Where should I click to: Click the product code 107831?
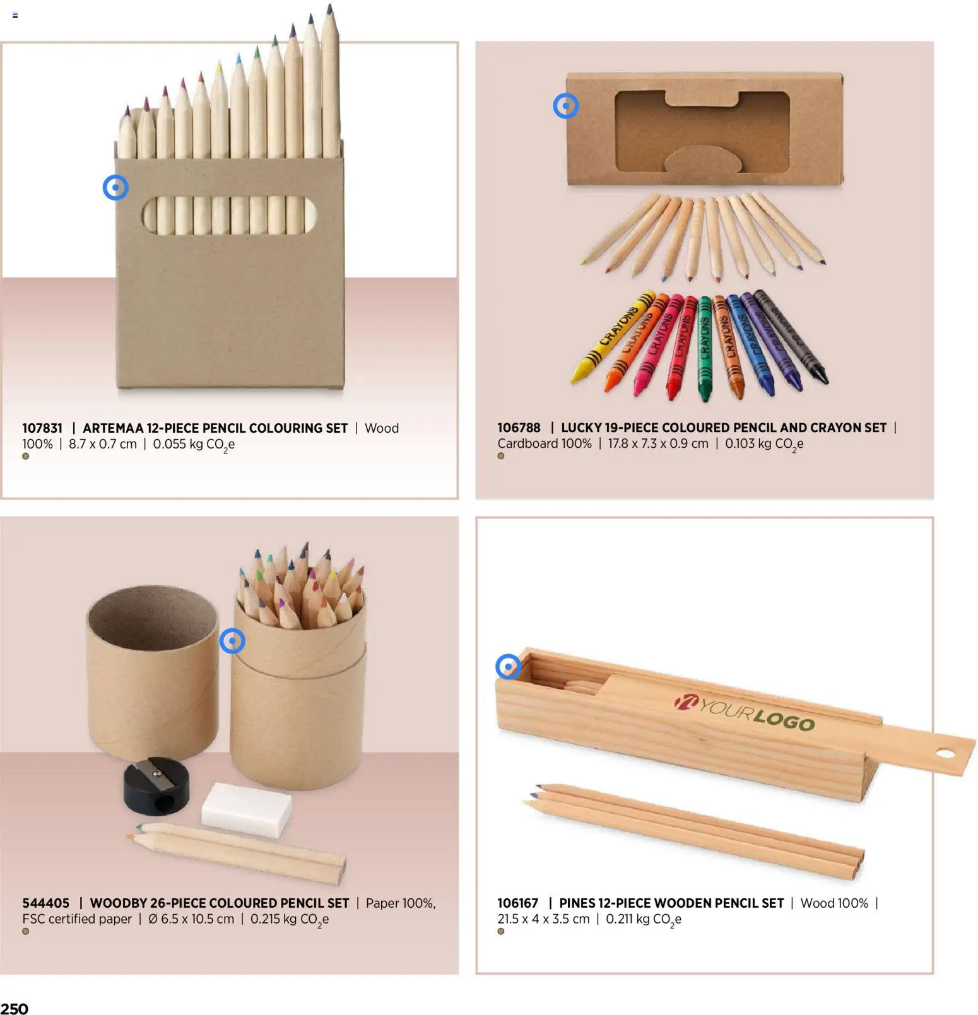click(x=42, y=428)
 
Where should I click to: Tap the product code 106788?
click(x=518, y=428)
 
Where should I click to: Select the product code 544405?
click(x=45, y=903)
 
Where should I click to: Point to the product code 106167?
click(x=517, y=903)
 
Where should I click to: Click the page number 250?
click(x=15, y=1008)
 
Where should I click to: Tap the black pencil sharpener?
click(x=156, y=785)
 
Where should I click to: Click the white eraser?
click(x=246, y=810)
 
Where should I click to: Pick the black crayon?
click(x=792, y=337)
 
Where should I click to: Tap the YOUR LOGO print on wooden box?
click(x=745, y=713)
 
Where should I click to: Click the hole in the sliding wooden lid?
click(x=945, y=753)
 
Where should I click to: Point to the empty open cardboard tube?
click(x=151, y=669)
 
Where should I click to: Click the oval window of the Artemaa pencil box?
click(x=228, y=214)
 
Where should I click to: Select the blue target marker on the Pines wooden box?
click(x=508, y=666)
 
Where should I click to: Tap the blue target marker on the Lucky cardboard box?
click(x=565, y=105)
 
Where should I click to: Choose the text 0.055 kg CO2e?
click(x=194, y=444)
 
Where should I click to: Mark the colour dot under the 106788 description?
click(x=501, y=455)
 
